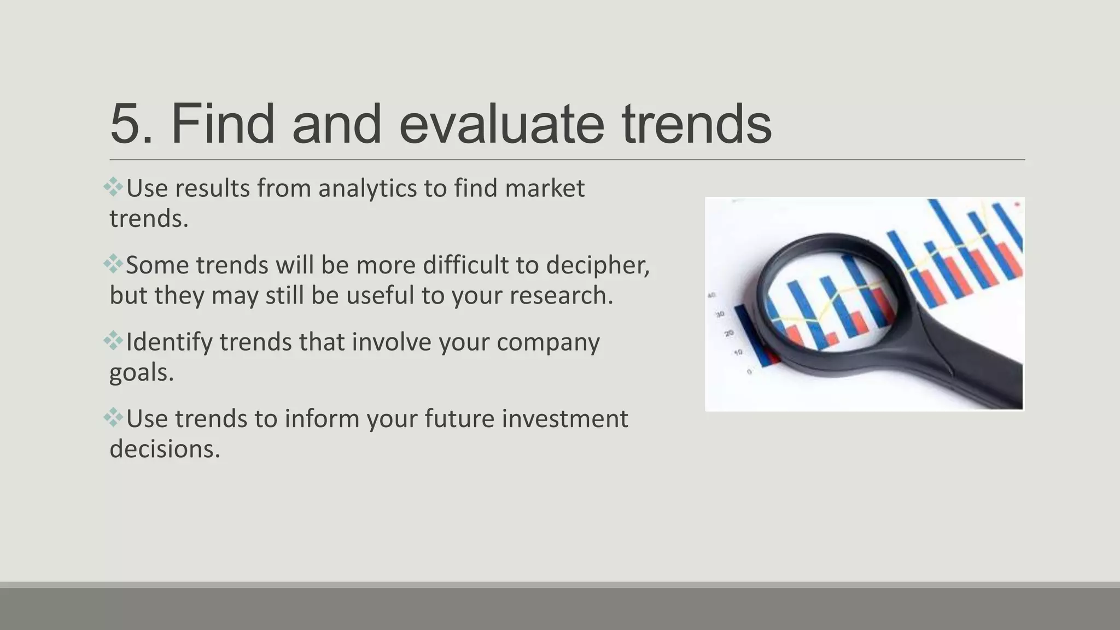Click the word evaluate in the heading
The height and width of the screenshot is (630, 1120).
501,125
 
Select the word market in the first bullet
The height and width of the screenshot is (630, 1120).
545,189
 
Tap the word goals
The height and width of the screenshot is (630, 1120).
141,373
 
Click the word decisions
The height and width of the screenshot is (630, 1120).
164,450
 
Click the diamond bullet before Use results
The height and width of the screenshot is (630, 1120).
113,187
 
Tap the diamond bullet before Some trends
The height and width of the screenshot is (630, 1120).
113,264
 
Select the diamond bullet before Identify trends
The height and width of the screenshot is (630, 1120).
113,341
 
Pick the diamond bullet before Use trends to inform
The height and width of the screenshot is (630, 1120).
113,418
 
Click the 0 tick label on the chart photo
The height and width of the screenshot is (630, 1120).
749,372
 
